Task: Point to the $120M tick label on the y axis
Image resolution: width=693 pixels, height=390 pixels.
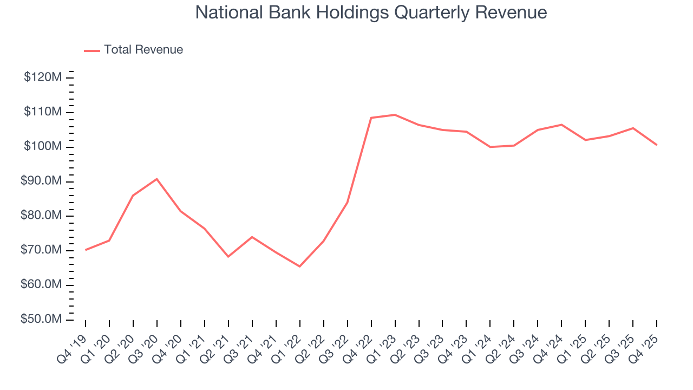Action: (43, 77)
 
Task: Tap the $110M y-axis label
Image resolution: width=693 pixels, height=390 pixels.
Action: (43, 112)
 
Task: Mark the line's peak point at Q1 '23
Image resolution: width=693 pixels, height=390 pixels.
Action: (395, 115)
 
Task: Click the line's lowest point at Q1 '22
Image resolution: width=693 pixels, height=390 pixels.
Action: (300, 266)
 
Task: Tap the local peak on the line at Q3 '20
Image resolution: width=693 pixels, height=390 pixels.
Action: (157, 179)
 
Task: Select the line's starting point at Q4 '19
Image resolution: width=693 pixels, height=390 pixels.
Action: (86, 250)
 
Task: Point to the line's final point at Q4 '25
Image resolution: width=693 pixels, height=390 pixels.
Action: (657, 145)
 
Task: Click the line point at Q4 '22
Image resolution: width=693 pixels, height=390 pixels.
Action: (371, 118)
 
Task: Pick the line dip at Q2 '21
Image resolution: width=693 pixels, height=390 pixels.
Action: (228, 256)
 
